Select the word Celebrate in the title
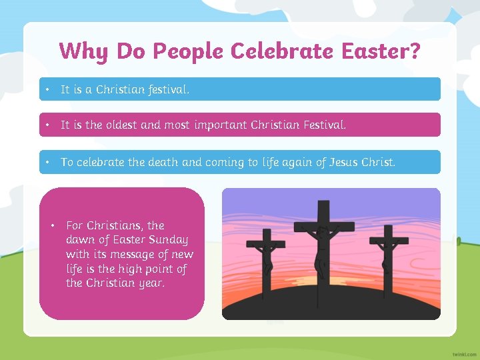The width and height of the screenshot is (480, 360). point(279,51)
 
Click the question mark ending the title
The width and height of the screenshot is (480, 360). point(415,51)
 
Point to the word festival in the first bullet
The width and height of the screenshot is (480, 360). point(168,89)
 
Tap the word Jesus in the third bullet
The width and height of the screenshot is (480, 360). point(344,162)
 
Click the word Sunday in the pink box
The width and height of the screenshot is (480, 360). point(169,240)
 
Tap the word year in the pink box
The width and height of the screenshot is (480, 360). point(150,283)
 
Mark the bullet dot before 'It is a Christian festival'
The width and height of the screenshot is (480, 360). point(48,89)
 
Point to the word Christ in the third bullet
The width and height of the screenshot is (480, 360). point(380,162)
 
